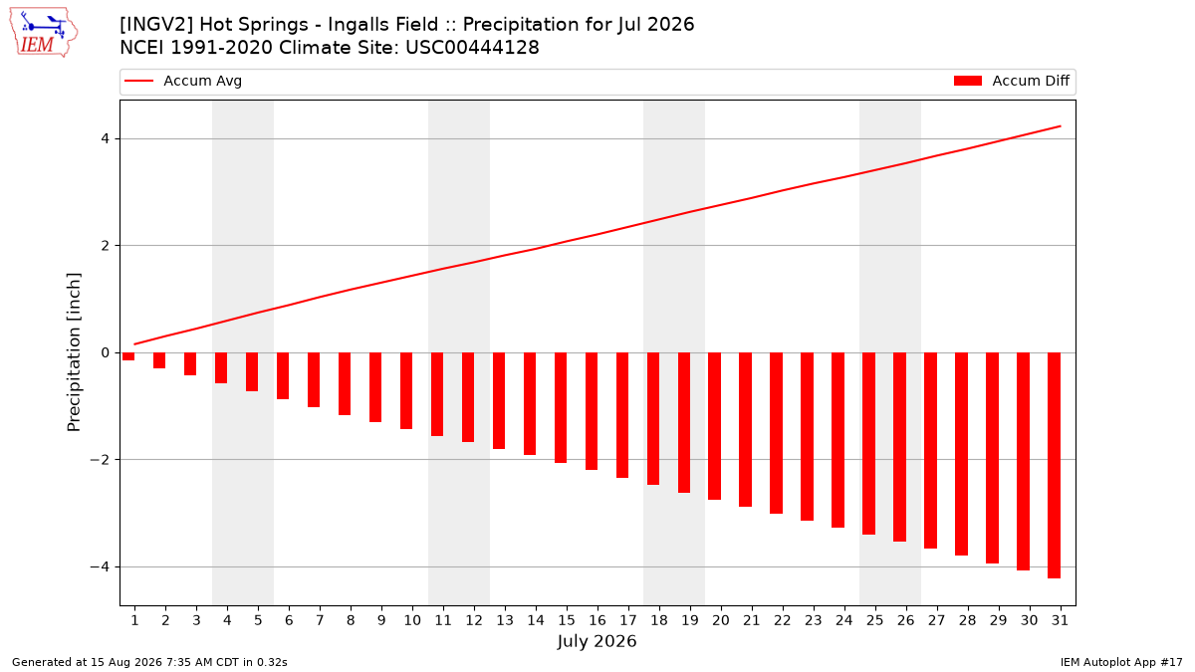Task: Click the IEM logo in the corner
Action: tap(44, 33)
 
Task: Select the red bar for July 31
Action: tap(1054, 465)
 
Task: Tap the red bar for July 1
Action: tap(128, 356)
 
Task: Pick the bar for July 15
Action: tap(560, 407)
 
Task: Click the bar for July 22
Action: tap(776, 433)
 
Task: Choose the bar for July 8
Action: tap(345, 384)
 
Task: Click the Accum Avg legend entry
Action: tap(183, 81)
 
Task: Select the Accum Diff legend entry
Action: tap(1012, 81)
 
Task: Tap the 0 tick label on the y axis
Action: tap(105, 352)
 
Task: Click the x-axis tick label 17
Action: tap(628, 620)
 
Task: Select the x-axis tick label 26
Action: tap(906, 620)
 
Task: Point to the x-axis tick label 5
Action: tap(258, 620)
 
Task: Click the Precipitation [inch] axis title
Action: tap(74, 352)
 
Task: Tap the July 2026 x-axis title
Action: tap(597, 641)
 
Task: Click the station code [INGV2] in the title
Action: tap(156, 25)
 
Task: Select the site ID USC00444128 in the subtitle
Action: tap(472, 48)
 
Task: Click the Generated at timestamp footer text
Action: tap(149, 662)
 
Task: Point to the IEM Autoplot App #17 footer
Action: tap(1121, 662)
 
